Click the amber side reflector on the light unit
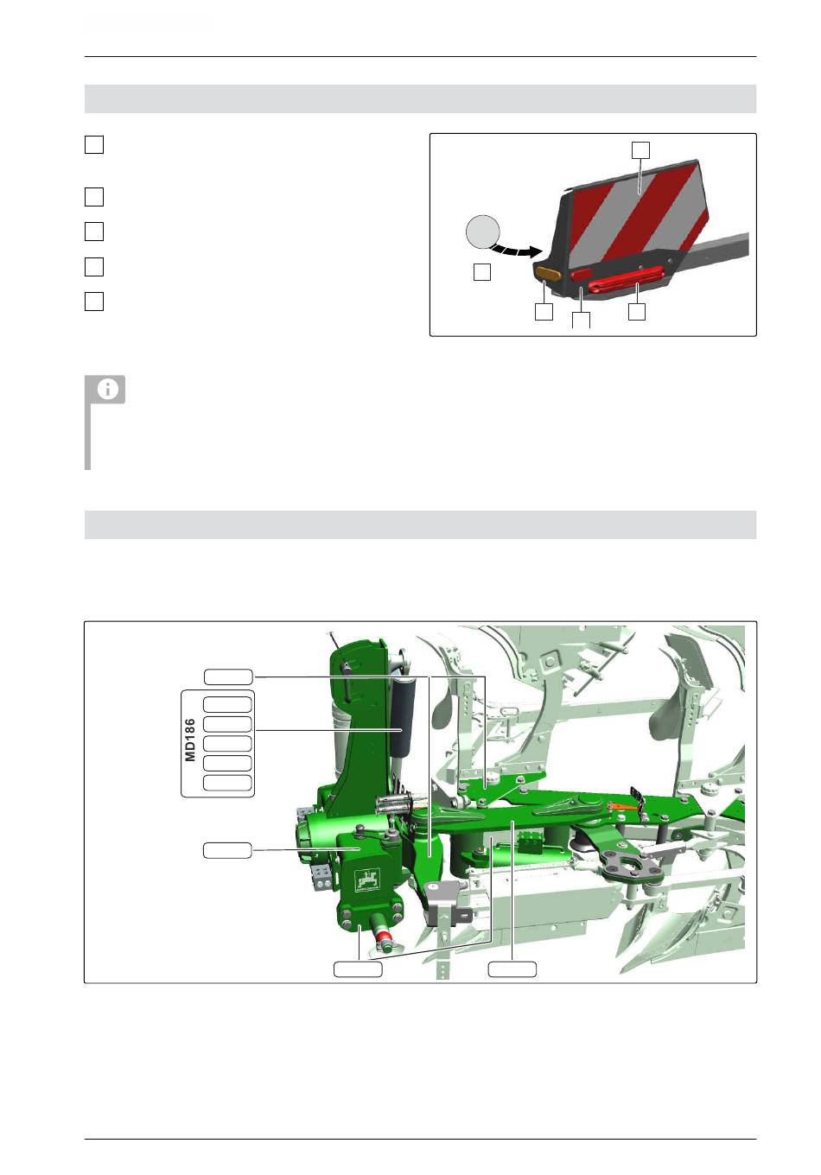[x=547, y=273]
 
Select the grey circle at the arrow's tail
[x=482, y=232]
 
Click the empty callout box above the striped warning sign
[x=640, y=150]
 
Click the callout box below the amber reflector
[x=544, y=312]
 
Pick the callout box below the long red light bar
[x=636, y=312]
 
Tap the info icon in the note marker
[x=107, y=389]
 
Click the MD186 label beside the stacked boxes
[x=190, y=740]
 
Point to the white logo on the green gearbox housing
[x=367, y=880]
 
